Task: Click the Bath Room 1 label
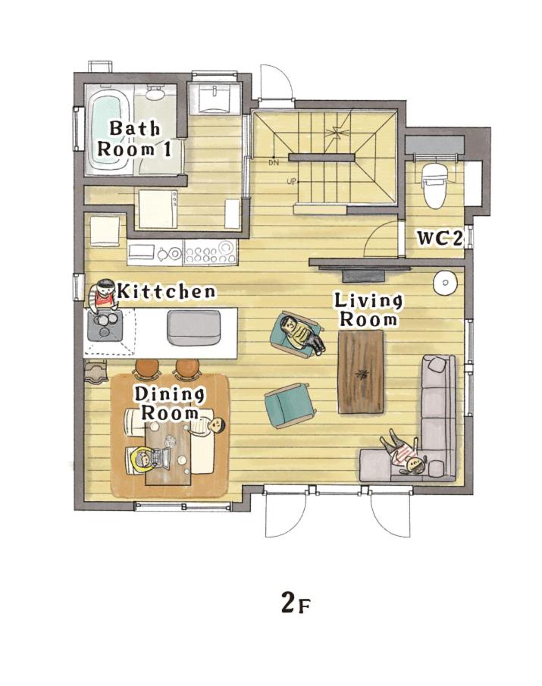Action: pyautogui.click(x=133, y=139)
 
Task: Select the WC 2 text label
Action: pyautogui.click(x=439, y=239)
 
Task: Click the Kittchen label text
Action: pyautogui.click(x=166, y=291)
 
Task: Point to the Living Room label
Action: pyautogui.click(x=368, y=310)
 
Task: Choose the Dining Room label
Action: pyautogui.click(x=169, y=403)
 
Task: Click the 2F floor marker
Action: pyautogui.click(x=296, y=604)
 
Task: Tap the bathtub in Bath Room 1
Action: pyautogui.click(x=109, y=130)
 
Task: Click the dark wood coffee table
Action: pyautogui.click(x=361, y=372)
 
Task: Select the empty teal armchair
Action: pyautogui.click(x=290, y=404)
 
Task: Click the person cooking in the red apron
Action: pyautogui.click(x=103, y=296)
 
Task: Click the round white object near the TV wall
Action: pyautogui.click(x=444, y=282)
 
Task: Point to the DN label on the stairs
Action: pyautogui.click(x=274, y=163)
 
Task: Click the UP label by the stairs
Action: pyautogui.click(x=291, y=181)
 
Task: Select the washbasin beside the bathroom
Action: pyautogui.click(x=215, y=99)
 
